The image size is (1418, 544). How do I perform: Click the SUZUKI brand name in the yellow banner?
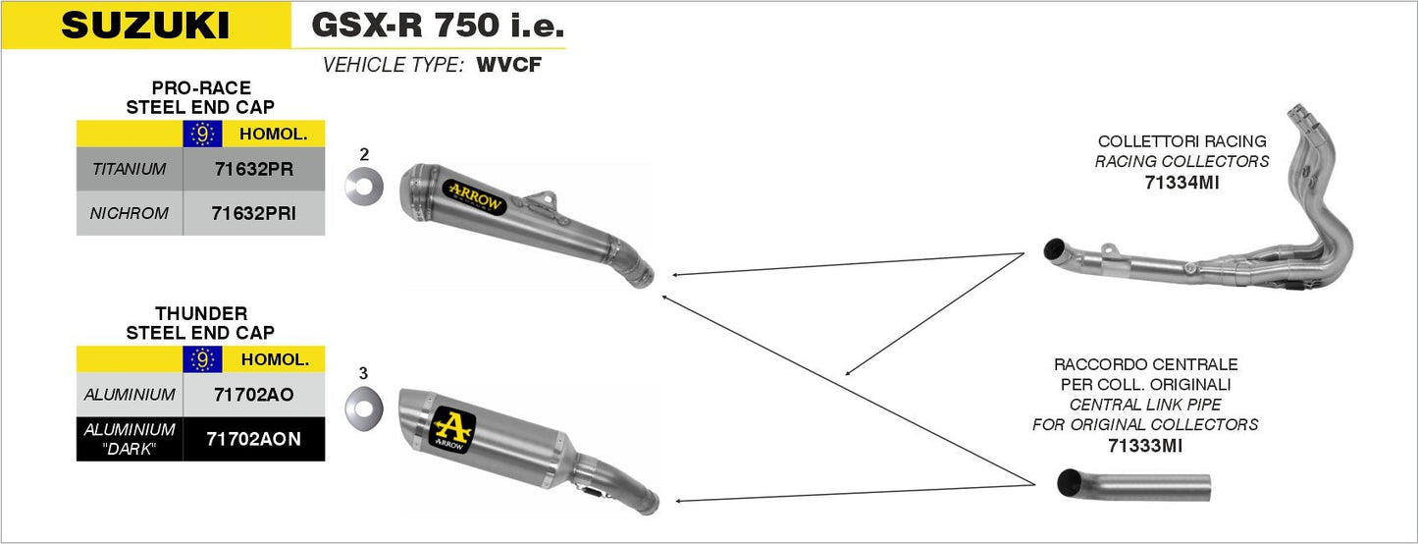coord(145,26)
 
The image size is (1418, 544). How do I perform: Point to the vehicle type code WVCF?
coord(508,67)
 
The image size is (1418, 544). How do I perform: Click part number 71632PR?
coord(253,169)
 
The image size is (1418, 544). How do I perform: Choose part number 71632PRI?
coord(253,213)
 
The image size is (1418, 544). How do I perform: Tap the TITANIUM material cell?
coord(130,169)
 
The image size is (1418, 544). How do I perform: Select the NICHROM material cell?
coord(130,213)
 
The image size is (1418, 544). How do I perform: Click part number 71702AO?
coord(253,395)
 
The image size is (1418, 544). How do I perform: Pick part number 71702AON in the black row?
coord(253,439)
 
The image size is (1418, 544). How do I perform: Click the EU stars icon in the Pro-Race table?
coord(202,135)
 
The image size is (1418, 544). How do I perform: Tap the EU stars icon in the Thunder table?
coord(202,360)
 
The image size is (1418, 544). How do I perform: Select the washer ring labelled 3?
coord(364,405)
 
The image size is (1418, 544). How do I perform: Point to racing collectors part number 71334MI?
coord(1182,182)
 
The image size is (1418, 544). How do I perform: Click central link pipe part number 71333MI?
coord(1144,446)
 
